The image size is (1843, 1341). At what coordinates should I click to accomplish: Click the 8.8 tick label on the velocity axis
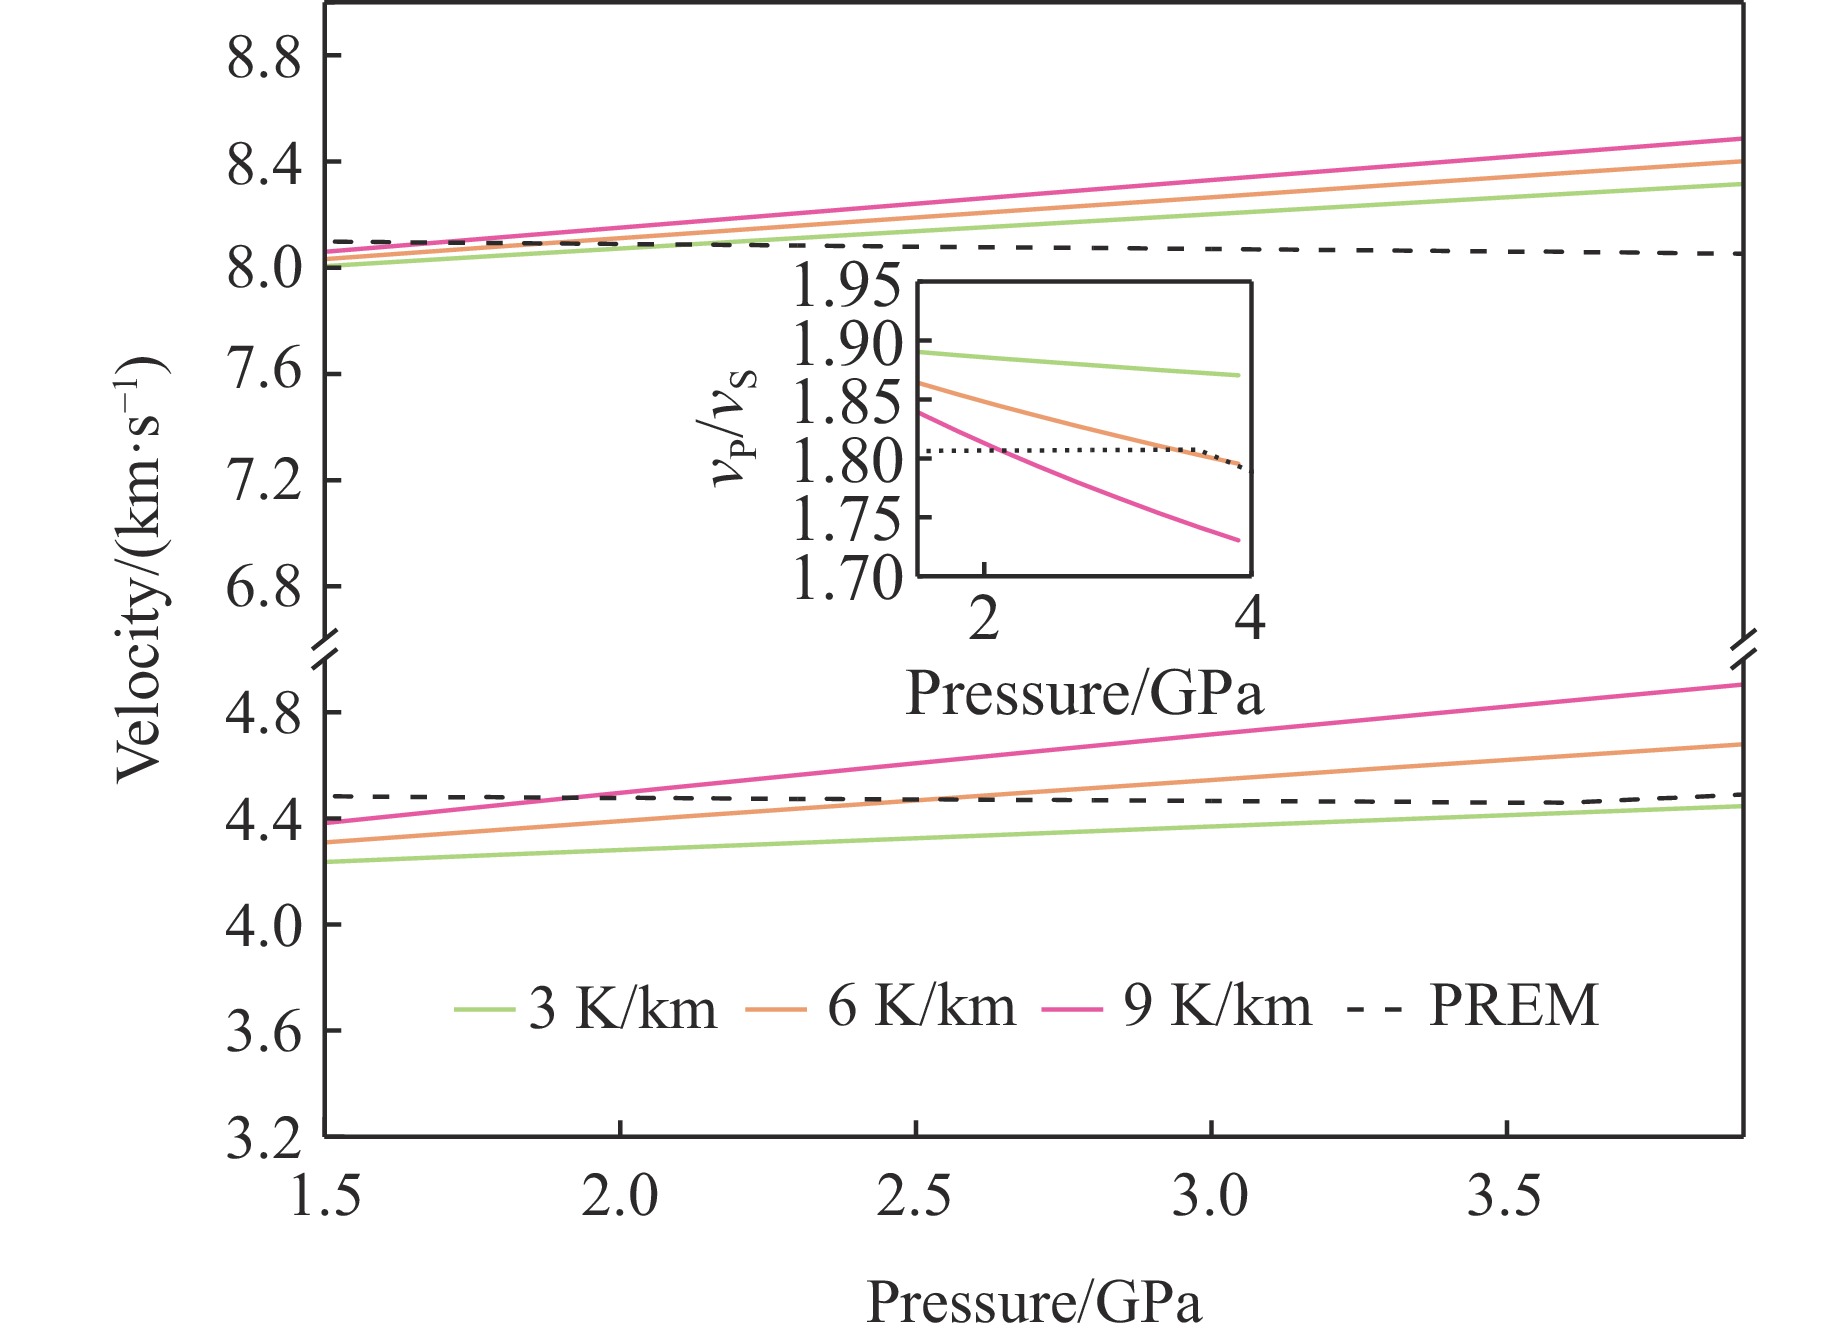click(264, 59)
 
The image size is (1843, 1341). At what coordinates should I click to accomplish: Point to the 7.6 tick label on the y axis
click(264, 372)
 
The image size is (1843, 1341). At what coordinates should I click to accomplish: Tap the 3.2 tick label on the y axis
click(264, 1138)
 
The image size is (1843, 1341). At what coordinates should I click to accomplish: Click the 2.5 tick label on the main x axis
click(914, 1196)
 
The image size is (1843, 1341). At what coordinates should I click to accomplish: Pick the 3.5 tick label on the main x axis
click(1505, 1196)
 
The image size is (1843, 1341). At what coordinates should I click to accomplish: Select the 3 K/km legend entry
click(586, 1007)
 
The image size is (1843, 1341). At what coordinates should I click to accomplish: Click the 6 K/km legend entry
click(881, 1007)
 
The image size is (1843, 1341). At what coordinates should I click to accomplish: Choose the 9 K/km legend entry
click(1177, 1007)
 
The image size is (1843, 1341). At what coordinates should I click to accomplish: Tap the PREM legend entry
click(1473, 1006)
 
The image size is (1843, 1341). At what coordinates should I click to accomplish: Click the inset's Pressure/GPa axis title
click(1084, 693)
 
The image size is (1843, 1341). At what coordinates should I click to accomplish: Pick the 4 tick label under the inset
click(1250, 619)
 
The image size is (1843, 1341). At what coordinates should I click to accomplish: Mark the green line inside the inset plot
click(1079, 364)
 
